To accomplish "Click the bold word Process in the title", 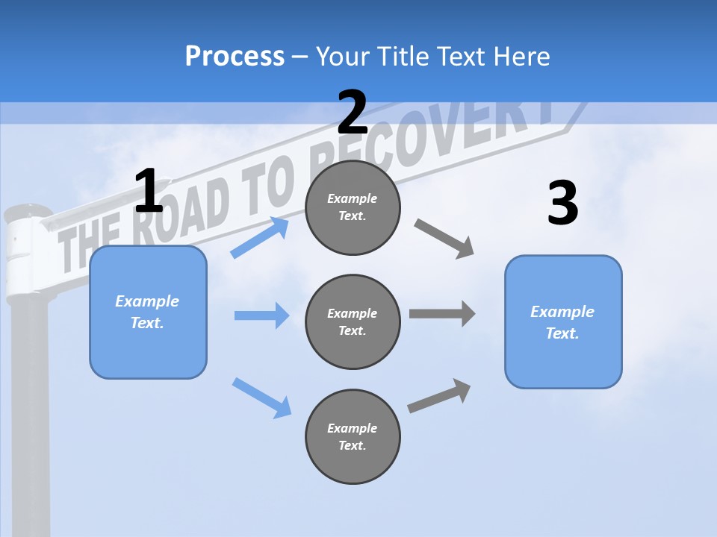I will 235,57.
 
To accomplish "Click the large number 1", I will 149,192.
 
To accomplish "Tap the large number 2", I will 353,113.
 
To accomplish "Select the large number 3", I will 562,204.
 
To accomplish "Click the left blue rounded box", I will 148,312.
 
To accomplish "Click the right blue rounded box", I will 563,321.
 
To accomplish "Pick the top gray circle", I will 353,207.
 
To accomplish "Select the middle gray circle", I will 353,321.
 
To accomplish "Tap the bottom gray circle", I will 353,436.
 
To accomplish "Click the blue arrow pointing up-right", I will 260,237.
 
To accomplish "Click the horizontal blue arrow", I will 261,315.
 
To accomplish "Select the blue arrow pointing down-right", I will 261,398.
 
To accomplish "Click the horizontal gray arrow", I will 442,314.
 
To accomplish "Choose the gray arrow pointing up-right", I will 440,395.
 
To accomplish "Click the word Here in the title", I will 521,57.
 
